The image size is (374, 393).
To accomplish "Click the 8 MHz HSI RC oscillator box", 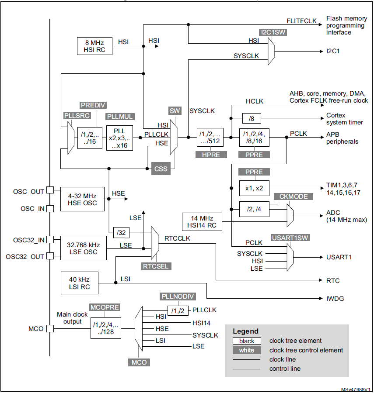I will coord(94,46).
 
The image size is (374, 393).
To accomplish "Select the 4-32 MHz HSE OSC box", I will coord(83,199).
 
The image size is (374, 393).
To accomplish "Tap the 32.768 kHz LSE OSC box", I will coord(83,248).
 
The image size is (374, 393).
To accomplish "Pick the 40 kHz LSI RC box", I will coord(80,283).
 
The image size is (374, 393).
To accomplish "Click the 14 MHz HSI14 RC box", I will coord(202,222).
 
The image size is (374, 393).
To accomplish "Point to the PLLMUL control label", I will coord(120,117).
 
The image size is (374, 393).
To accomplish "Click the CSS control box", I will coord(161,168).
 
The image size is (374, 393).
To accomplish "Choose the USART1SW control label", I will coord(290,238).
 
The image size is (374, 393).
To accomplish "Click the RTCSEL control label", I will coord(155,266).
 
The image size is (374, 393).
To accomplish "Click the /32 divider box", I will coord(120,232).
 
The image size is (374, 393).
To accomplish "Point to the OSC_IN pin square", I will coord(50,209).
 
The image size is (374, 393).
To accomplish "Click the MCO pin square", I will coord(50,329).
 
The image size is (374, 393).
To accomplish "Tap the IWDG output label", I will coord(335,299).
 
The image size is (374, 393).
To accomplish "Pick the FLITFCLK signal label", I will coord(302,21).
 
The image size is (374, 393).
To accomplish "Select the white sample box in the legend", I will coord(246,350).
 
